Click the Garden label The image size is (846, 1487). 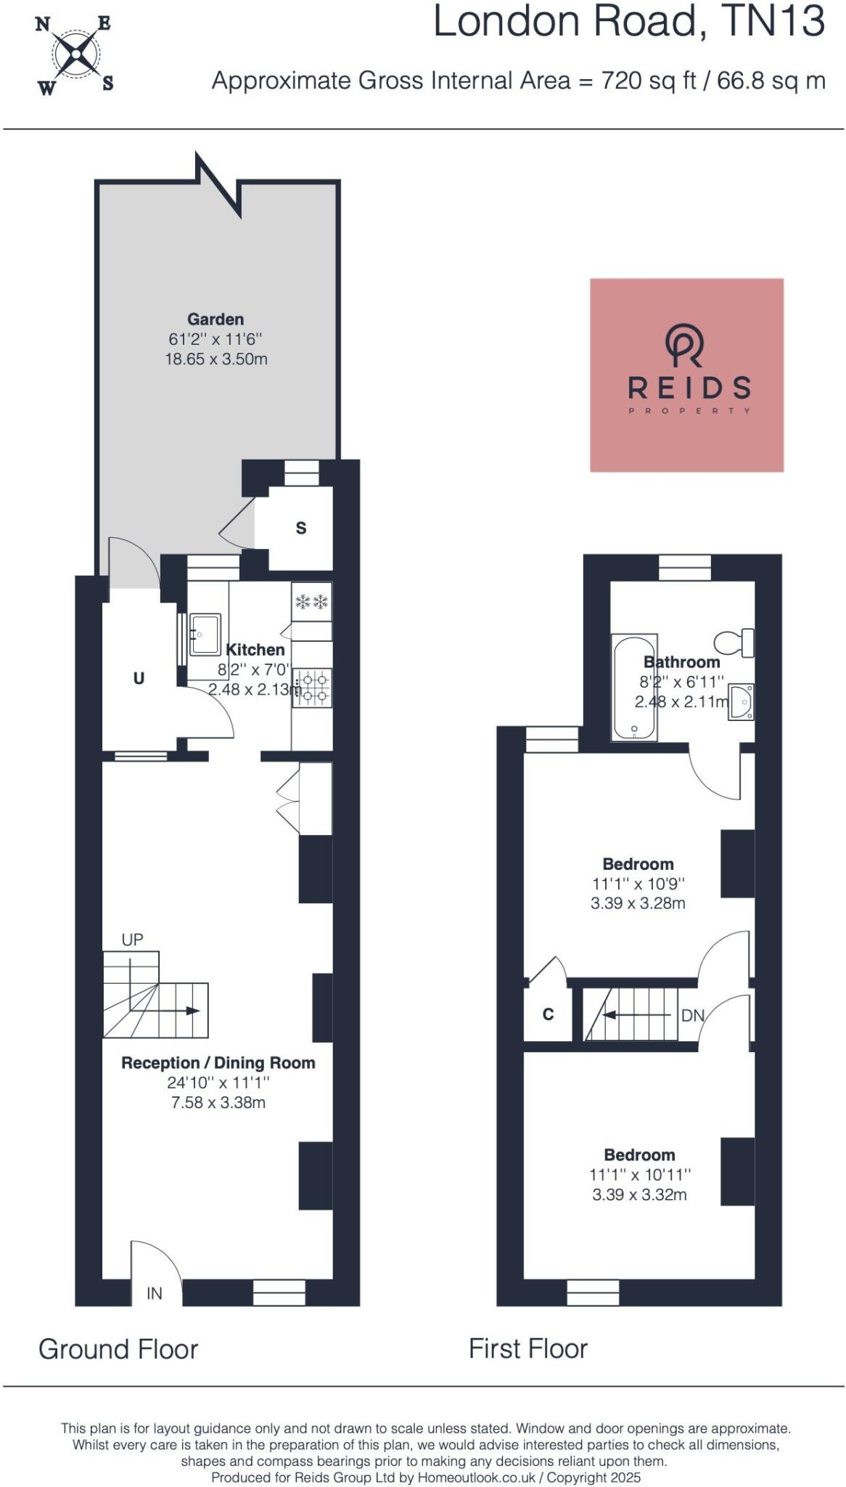click(215, 319)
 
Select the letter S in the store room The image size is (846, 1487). click(301, 529)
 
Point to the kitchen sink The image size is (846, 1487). click(205, 634)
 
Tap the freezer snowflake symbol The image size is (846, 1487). click(312, 601)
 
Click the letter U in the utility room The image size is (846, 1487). click(139, 678)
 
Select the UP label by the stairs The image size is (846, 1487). click(132, 940)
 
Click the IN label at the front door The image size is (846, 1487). click(155, 1293)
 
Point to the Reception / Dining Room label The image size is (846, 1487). click(218, 1063)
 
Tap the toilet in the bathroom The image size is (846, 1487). click(734, 643)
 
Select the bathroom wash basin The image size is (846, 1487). click(741, 702)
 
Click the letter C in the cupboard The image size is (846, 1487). click(549, 1014)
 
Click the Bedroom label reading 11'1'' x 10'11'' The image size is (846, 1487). click(639, 1155)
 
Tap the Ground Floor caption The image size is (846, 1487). click(118, 1349)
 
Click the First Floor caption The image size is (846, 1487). click(527, 1349)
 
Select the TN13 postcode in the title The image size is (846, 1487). click(774, 22)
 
